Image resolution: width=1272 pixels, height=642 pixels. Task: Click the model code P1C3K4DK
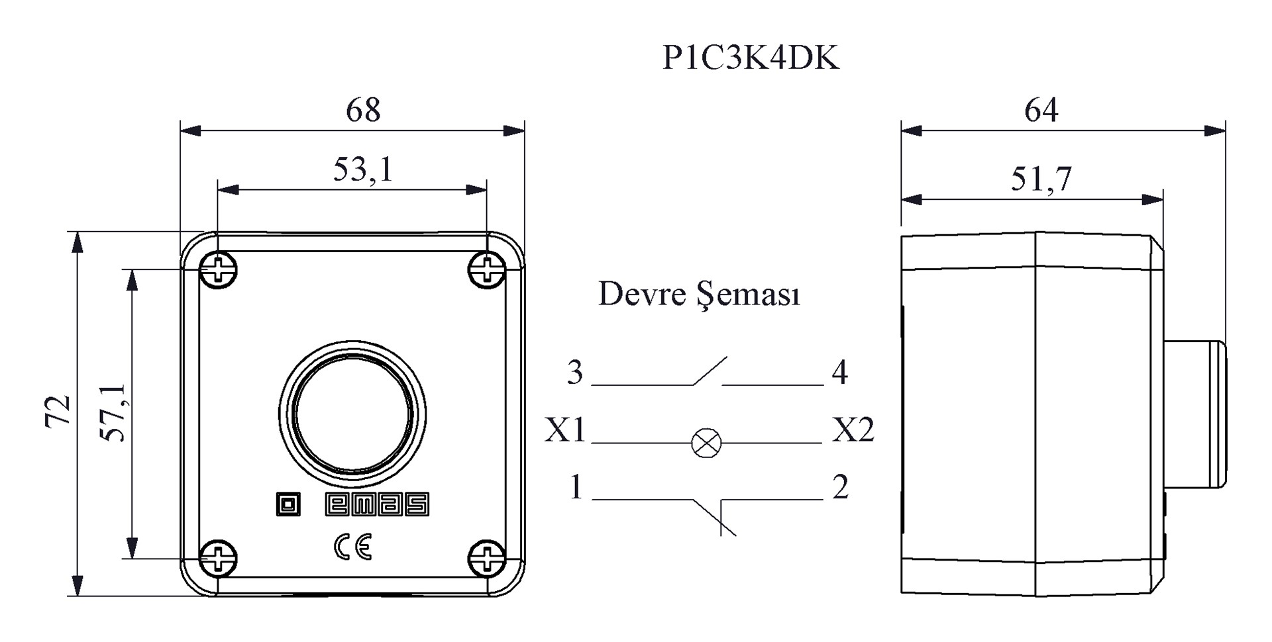pyautogui.click(x=751, y=58)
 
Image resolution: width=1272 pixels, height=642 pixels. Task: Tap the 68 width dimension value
pyautogui.click(x=363, y=110)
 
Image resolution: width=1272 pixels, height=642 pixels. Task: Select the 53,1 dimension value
pyautogui.click(x=363, y=169)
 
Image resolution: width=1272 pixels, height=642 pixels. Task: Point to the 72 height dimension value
pyautogui.click(x=58, y=411)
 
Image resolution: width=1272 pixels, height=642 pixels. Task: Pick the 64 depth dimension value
pyautogui.click(x=1041, y=110)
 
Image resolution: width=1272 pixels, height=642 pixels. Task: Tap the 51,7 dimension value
pyautogui.click(x=1041, y=179)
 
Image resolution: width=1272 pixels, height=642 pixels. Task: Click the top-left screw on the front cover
pyautogui.click(x=219, y=269)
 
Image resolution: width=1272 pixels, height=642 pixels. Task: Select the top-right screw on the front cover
pyautogui.click(x=487, y=269)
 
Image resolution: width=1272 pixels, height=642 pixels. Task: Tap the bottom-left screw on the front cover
pyautogui.click(x=219, y=559)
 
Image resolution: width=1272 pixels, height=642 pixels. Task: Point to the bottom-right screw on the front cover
pyautogui.click(x=487, y=559)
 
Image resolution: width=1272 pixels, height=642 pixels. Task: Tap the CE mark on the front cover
pyautogui.click(x=353, y=547)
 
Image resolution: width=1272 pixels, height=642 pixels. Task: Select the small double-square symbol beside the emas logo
pyautogui.click(x=288, y=505)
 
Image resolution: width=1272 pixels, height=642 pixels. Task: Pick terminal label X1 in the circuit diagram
pyautogui.click(x=565, y=430)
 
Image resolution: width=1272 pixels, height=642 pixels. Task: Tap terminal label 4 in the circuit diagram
pyautogui.click(x=839, y=373)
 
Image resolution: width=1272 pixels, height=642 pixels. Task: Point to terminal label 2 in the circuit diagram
pyautogui.click(x=840, y=488)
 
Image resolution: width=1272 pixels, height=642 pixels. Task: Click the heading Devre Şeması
pyautogui.click(x=699, y=295)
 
